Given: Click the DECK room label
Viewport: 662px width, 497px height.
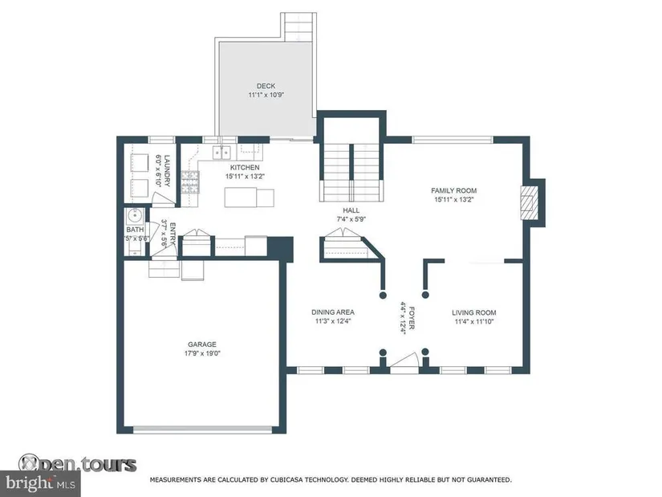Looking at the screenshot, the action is pyautogui.click(x=266, y=86).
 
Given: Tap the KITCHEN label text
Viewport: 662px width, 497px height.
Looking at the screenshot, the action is pyautogui.click(x=245, y=167).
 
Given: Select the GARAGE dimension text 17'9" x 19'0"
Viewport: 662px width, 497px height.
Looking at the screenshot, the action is pyautogui.click(x=202, y=353).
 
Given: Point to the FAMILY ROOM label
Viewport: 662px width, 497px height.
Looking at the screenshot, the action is pyautogui.click(x=454, y=190).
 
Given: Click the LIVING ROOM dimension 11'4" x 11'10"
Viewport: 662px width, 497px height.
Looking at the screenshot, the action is pyautogui.click(x=474, y=322).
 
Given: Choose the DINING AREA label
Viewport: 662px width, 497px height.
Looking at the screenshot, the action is pyautogui.click(x=333, y=312).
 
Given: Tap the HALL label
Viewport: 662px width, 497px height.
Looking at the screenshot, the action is pyautogui.click(x=351, y=210).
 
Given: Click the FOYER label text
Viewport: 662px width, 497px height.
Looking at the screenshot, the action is pyautogui.click(x=412, y=318).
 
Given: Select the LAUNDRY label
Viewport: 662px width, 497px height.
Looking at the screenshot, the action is pyautogui.click(x=167, y=171).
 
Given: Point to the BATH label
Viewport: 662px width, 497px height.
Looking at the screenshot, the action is pyautogui.click(x=135, y=230).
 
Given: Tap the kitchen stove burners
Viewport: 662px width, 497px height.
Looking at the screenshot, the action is pyautogui.click(x=190, y=182).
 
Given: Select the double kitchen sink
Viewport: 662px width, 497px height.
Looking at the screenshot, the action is pyautogui.click(x=221, y=153).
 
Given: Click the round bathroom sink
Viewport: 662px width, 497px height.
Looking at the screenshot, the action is pyautogui.click(x=135, y=217).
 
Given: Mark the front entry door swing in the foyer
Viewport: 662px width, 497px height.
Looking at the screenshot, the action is pyautogui.click(x=404, y=363).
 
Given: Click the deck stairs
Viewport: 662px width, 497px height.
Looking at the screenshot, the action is pyautogui.click(x=299, y=26).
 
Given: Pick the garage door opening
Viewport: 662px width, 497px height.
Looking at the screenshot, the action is pyautogui.click(x=203, y=430).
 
